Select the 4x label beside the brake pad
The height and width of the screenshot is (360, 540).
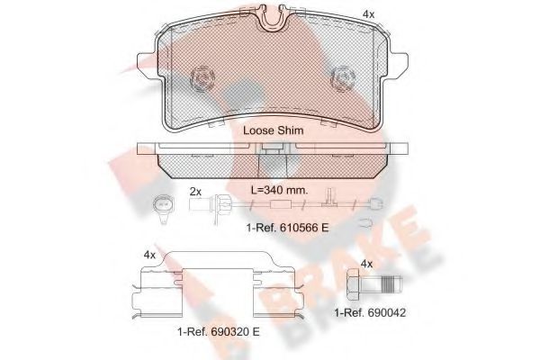point(368,14)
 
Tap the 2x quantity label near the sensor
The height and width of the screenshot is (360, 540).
point(195,192)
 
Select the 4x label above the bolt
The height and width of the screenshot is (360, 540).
point(366,264)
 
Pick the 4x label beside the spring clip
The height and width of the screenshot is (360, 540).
point(150,255)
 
